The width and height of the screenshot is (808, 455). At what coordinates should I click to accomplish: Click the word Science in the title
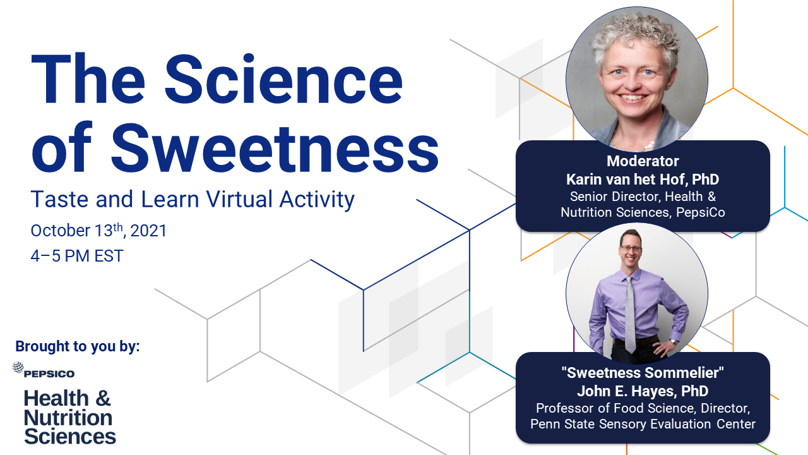click(283, 79)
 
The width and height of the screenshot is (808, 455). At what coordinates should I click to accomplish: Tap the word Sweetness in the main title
click(275, 148)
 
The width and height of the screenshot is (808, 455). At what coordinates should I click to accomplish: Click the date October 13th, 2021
click(98, 231)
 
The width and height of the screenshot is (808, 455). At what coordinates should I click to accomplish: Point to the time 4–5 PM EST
click(77, 256)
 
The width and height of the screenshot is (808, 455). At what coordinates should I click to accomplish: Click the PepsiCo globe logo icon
click(18, 367)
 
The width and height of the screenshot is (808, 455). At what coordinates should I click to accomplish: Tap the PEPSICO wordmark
click(49, 373)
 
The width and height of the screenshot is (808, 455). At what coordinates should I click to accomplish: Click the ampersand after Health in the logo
click(103, 398)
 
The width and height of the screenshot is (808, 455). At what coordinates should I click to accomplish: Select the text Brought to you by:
click(78, 346)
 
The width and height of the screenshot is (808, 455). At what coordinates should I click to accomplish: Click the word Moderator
click(643, 161)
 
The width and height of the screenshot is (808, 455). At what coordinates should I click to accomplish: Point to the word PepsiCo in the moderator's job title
click(701, 212)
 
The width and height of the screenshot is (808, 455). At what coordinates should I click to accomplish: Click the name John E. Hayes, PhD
click(643, 391)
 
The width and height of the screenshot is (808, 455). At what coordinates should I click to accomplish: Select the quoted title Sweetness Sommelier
click(643, 373)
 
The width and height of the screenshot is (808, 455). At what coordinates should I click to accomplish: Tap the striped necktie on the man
click(630, 315)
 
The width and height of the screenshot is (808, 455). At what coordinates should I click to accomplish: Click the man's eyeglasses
click(631, 248)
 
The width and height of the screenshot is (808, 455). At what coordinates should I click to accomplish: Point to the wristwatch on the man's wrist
click(673, 341)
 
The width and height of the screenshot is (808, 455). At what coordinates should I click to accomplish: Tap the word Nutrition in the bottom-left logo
click(68, 418)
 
